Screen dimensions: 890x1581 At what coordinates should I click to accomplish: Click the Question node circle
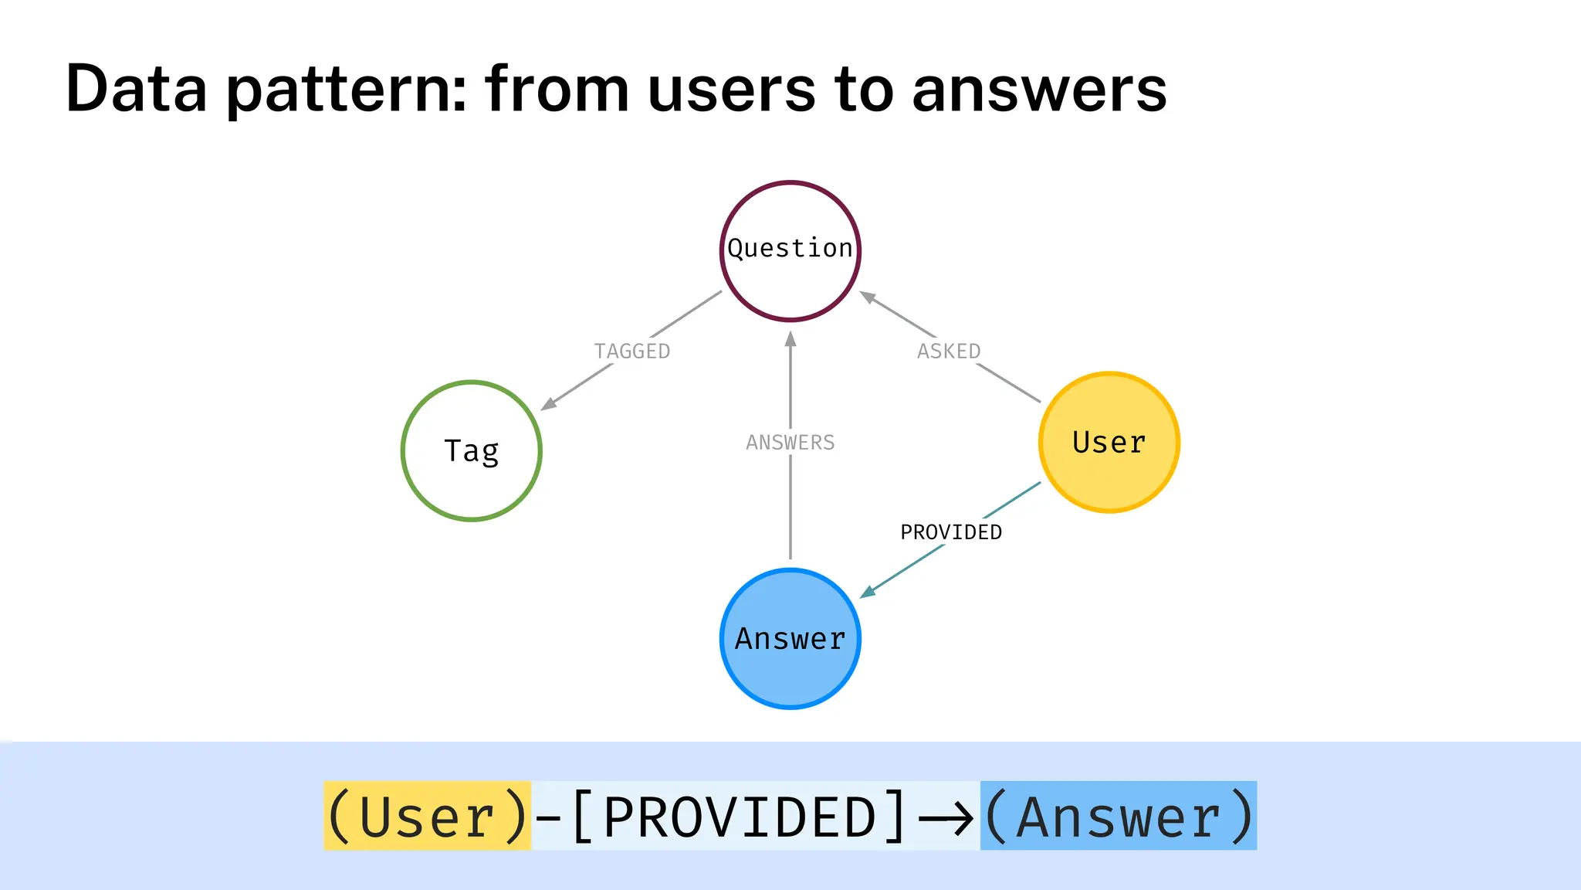click(x=790, y=251)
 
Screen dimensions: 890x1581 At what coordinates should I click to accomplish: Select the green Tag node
click(x=472, y=450)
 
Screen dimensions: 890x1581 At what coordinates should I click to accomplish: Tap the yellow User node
click(x=1109, y=442)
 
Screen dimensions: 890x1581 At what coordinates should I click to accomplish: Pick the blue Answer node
click(x=790, y=639)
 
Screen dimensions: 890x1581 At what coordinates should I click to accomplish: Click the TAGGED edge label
click(x=631, y=352)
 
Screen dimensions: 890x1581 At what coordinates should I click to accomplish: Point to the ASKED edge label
click(x=949, y=352)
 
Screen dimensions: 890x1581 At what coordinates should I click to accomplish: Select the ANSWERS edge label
click(x=790, y=443)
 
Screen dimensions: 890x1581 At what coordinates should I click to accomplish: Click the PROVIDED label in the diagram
click(x=951, y=532)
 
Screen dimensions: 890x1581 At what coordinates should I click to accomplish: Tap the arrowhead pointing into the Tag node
click(x=549, y=403)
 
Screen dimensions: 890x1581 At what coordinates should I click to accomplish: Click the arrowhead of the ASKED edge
click(x=868, y=297)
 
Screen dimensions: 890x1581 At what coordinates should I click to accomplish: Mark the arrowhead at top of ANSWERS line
click(x=790, y=338)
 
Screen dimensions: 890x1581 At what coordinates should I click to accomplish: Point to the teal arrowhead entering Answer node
click(x=868, y=592)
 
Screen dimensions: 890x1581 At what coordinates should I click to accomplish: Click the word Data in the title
click(x=137, y=89)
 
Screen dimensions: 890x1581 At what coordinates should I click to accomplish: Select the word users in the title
click(x=732, y=89)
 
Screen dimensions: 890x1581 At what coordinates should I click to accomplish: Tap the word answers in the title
click(x=1039, y=89)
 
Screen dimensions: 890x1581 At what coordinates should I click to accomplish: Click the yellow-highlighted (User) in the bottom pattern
click(x=427, y=817)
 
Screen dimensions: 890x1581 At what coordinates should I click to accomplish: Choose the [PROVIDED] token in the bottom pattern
click(x=739, y=817)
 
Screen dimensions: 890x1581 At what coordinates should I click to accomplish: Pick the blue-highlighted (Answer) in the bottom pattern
click(x=1118, y=817)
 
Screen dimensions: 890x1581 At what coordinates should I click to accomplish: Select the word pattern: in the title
click(x=347, y=89)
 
